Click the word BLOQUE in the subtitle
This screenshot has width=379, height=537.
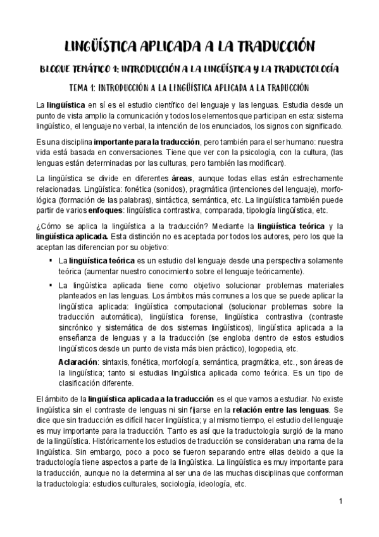point(56,68)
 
